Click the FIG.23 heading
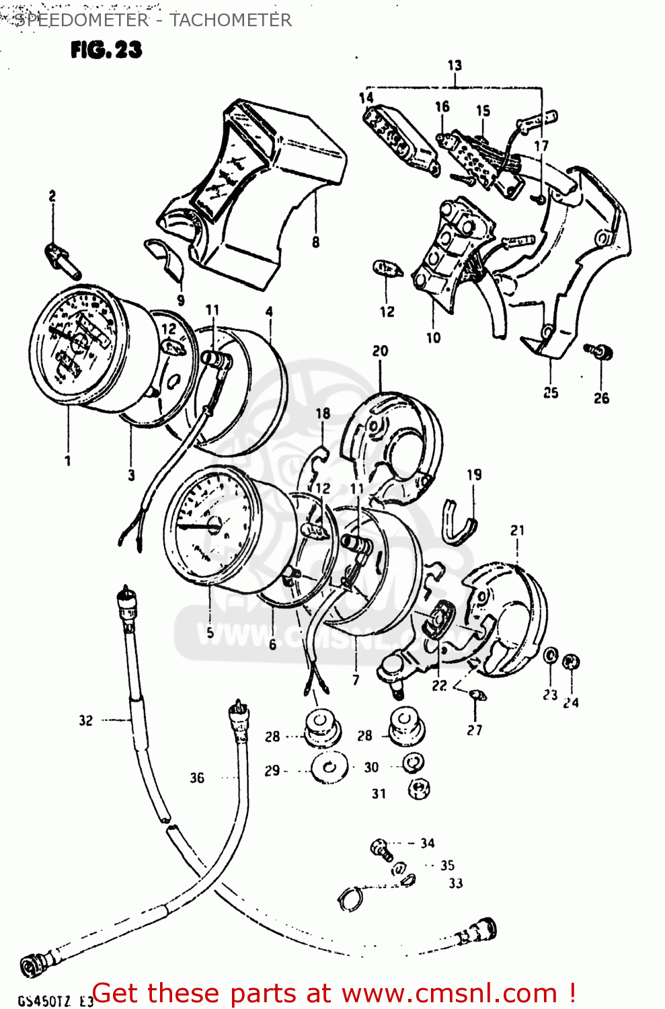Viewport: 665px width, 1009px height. coord(106,50)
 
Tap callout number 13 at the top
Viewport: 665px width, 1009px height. coord(455,65)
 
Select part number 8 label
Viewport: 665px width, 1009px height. coord(315,242)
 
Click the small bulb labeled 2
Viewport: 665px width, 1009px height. coord(62,262)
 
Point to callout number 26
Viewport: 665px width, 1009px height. coord(601,398)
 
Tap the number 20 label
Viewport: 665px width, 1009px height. coord(380,351)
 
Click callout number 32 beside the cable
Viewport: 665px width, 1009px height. coord(85,720)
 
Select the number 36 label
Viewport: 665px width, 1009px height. coord(196,778)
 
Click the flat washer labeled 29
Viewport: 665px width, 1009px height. coord(330,768)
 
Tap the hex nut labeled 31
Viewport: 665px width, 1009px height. coord(419,788)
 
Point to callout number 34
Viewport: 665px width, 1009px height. coord(428,843)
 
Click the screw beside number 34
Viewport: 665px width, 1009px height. coord(381,850)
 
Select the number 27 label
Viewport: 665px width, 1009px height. coord(475,730)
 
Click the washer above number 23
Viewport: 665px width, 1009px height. coord(550,656)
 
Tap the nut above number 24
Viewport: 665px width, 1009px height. coord(571,661)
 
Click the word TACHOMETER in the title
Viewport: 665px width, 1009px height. coord(231,20)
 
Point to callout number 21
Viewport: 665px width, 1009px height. coord(517,531)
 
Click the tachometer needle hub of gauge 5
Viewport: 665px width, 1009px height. coord(214,526)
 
